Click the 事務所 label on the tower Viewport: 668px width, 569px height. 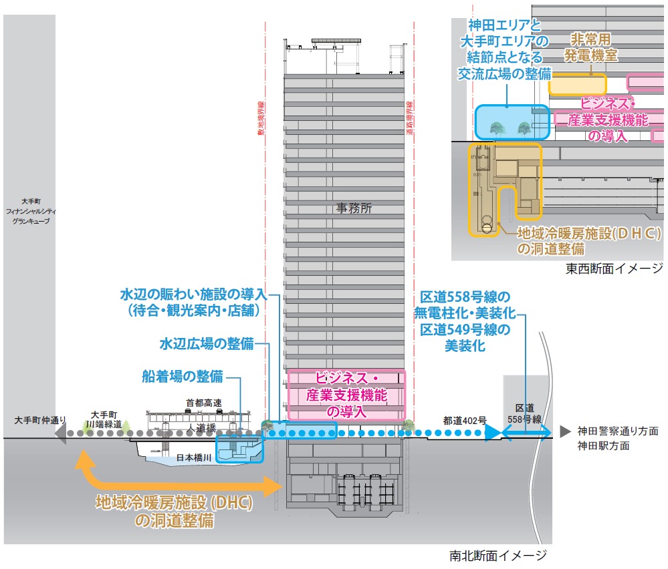[x=354, y=208]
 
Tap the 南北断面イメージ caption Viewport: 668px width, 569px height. [x=499, y=555]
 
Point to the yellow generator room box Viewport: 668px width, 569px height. [x=578, y=85]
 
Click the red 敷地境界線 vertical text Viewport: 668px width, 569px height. [x=261, y=118]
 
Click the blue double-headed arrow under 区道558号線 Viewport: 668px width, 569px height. [x=526, y=432]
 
